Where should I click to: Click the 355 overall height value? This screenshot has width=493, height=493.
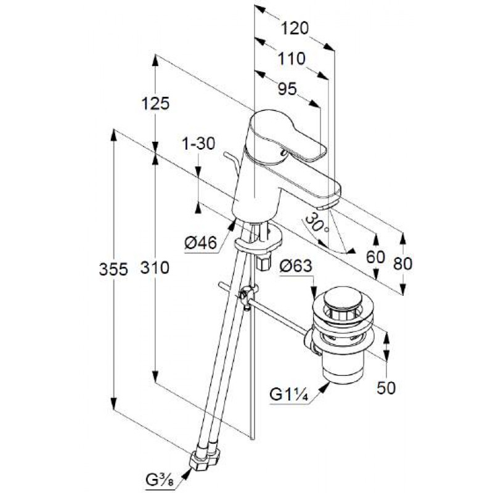(112, 269)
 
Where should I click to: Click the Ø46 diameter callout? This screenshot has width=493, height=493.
(201, 244)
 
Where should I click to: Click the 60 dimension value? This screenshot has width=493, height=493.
(375, 257)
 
